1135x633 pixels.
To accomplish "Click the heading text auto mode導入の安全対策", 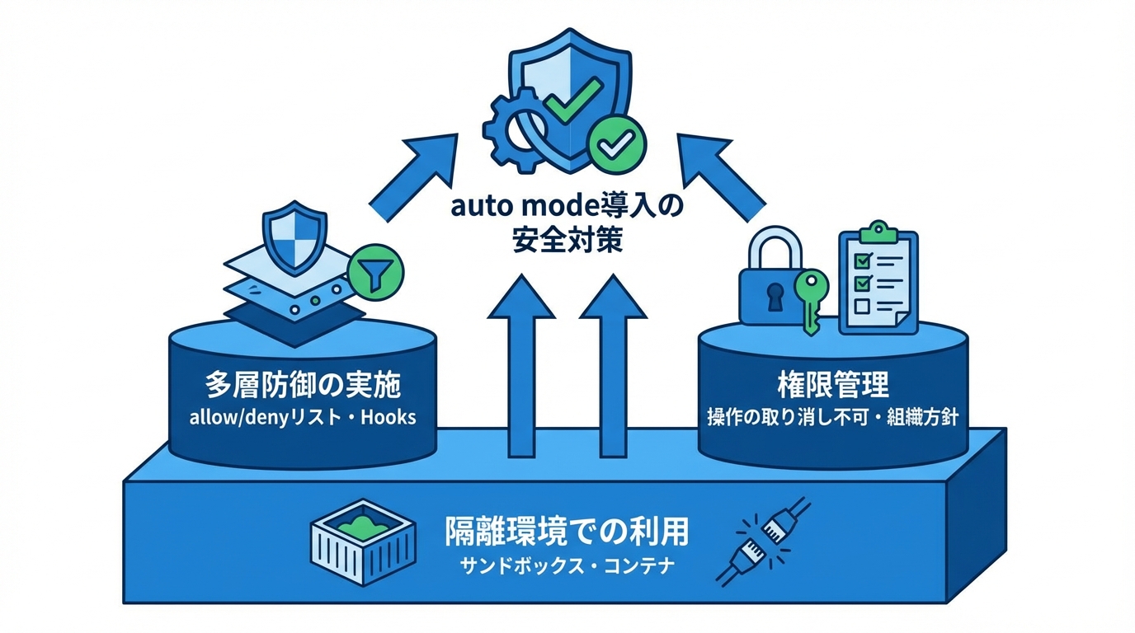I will pyautogui.click(x=567, y=221).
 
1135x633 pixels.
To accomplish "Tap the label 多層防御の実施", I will pyautogui.click(x=303, y=386).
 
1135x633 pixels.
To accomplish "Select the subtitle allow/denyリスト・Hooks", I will pyautogui.click(x=303, y=417).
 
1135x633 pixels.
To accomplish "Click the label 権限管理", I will pyautogui.click(x=832, y=384).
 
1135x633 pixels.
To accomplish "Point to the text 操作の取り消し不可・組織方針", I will pyautogui.click(x=832, y=417).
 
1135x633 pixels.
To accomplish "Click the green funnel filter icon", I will pyautogui.click(x=375, y=271).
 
